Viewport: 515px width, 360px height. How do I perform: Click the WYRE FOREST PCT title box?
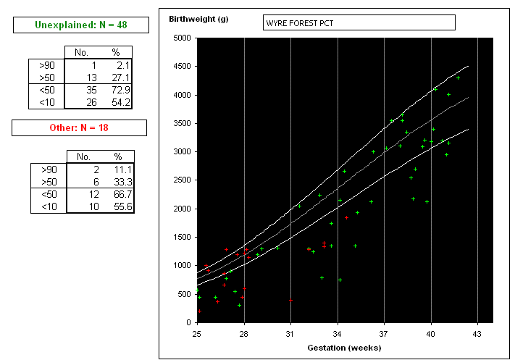359,22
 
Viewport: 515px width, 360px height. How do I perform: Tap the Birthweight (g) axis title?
198,19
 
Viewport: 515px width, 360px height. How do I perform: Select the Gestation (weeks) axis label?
344,348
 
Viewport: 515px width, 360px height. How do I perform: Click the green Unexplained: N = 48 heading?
81,25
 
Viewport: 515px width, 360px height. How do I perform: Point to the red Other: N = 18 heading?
79,127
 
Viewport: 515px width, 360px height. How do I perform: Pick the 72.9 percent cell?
121,90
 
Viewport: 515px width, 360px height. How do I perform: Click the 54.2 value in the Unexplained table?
121,102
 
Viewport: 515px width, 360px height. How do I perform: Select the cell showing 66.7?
123,194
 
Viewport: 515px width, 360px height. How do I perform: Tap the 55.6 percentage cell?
123,206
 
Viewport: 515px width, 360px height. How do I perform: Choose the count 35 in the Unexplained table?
91,90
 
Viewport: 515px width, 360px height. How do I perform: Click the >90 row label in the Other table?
49,169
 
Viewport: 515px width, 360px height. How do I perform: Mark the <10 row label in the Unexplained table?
47,102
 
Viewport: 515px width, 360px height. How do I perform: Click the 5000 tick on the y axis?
183,38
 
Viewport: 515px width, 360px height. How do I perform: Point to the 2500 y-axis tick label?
183,180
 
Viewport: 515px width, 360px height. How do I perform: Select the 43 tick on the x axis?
477,334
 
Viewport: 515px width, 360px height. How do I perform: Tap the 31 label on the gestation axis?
290,334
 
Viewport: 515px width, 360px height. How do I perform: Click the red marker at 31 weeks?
290,300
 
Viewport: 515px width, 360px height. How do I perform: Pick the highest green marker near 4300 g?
459,78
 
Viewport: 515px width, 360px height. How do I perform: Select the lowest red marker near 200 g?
199,311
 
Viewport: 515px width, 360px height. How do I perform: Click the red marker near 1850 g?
346,218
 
